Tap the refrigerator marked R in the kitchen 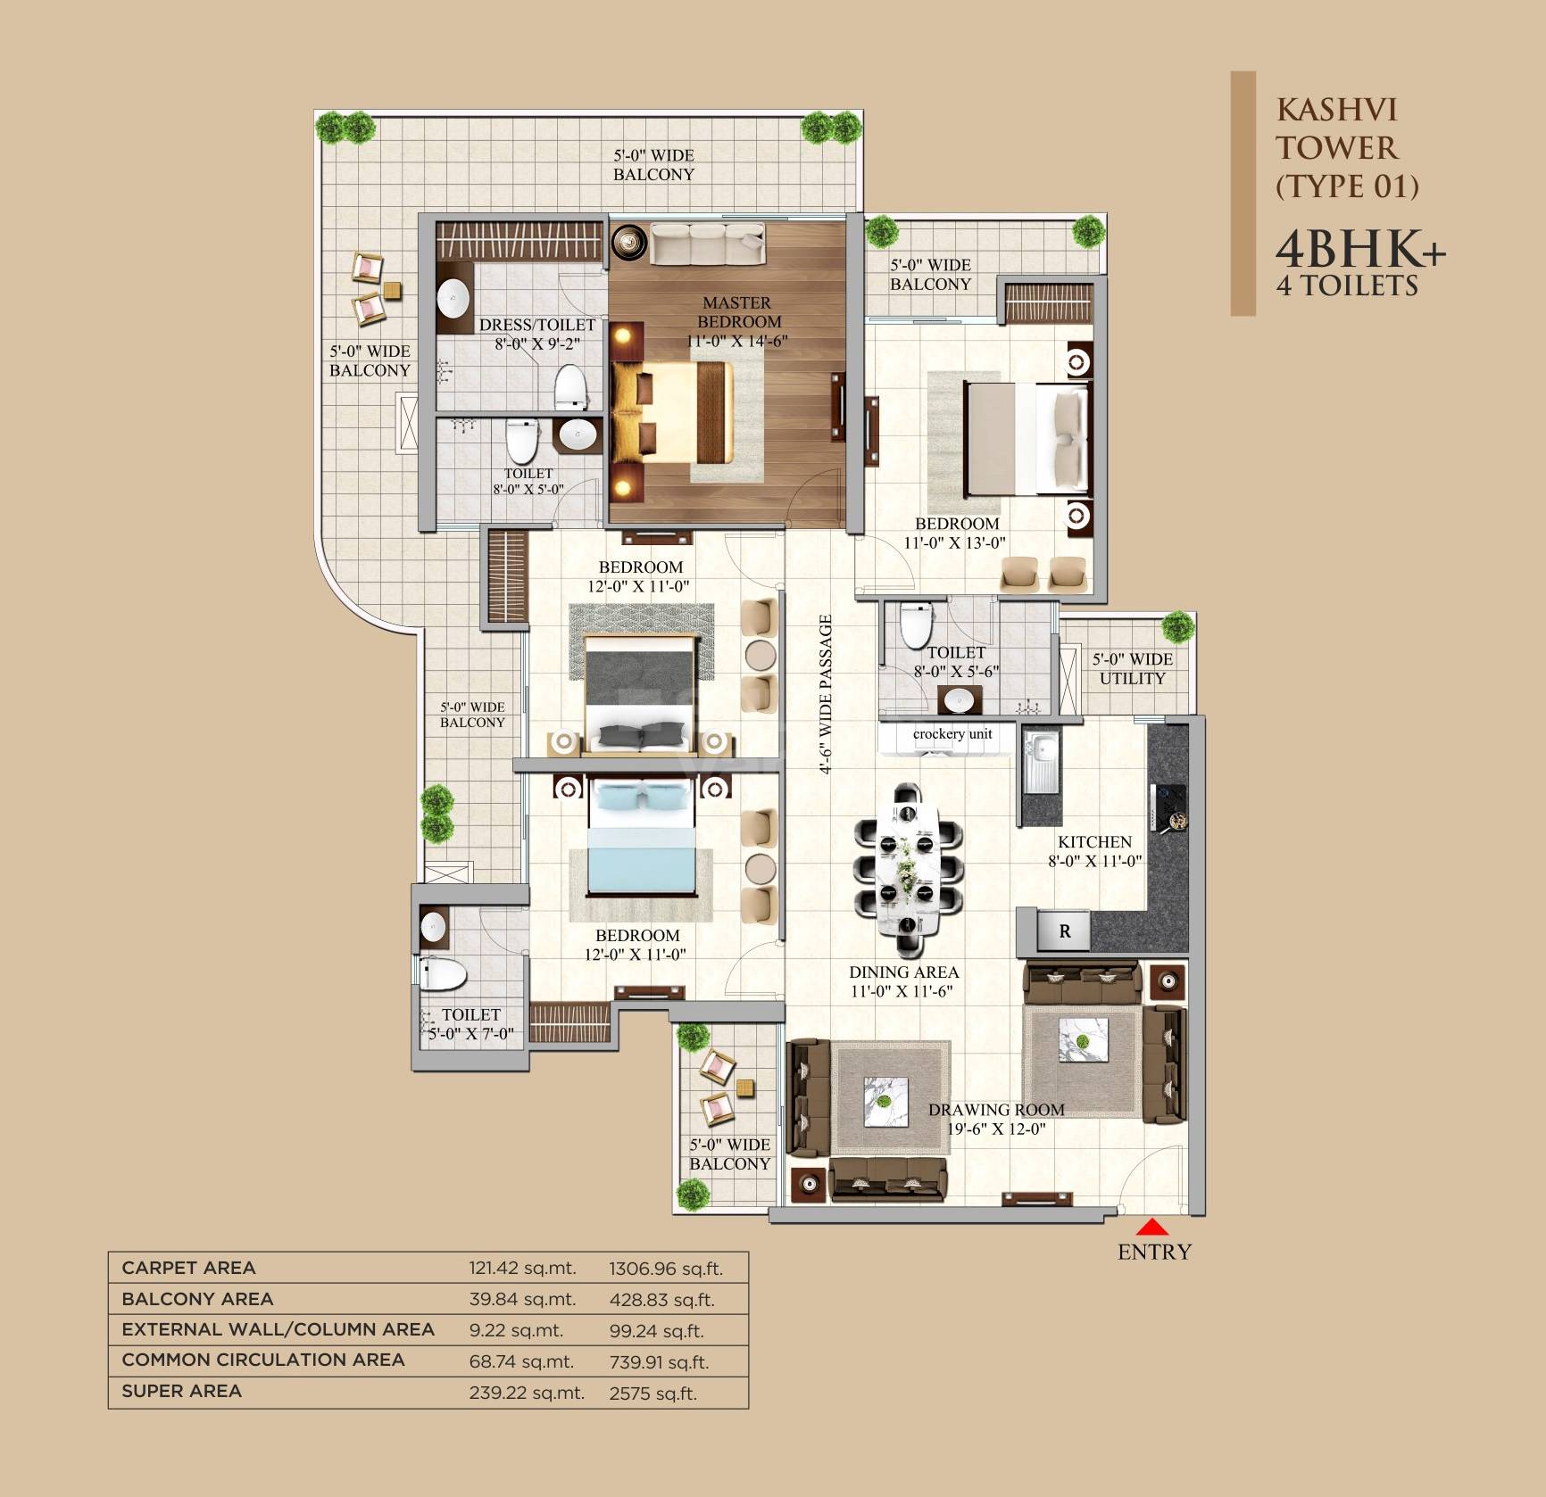coord(1064,931)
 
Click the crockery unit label coord(952,734)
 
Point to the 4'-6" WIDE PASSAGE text coord(827,694)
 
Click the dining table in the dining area coord(908,860)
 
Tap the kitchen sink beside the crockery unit coord(1040,761)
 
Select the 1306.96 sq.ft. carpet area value coord(666,1269)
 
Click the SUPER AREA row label coord(182,1391)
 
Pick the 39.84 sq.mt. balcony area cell coord(522,1299)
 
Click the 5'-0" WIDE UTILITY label coord(1132,668)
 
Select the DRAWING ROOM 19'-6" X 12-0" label coord(996,1119)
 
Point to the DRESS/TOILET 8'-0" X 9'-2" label coord(536,334)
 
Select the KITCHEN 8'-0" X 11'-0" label coord(1094,851)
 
